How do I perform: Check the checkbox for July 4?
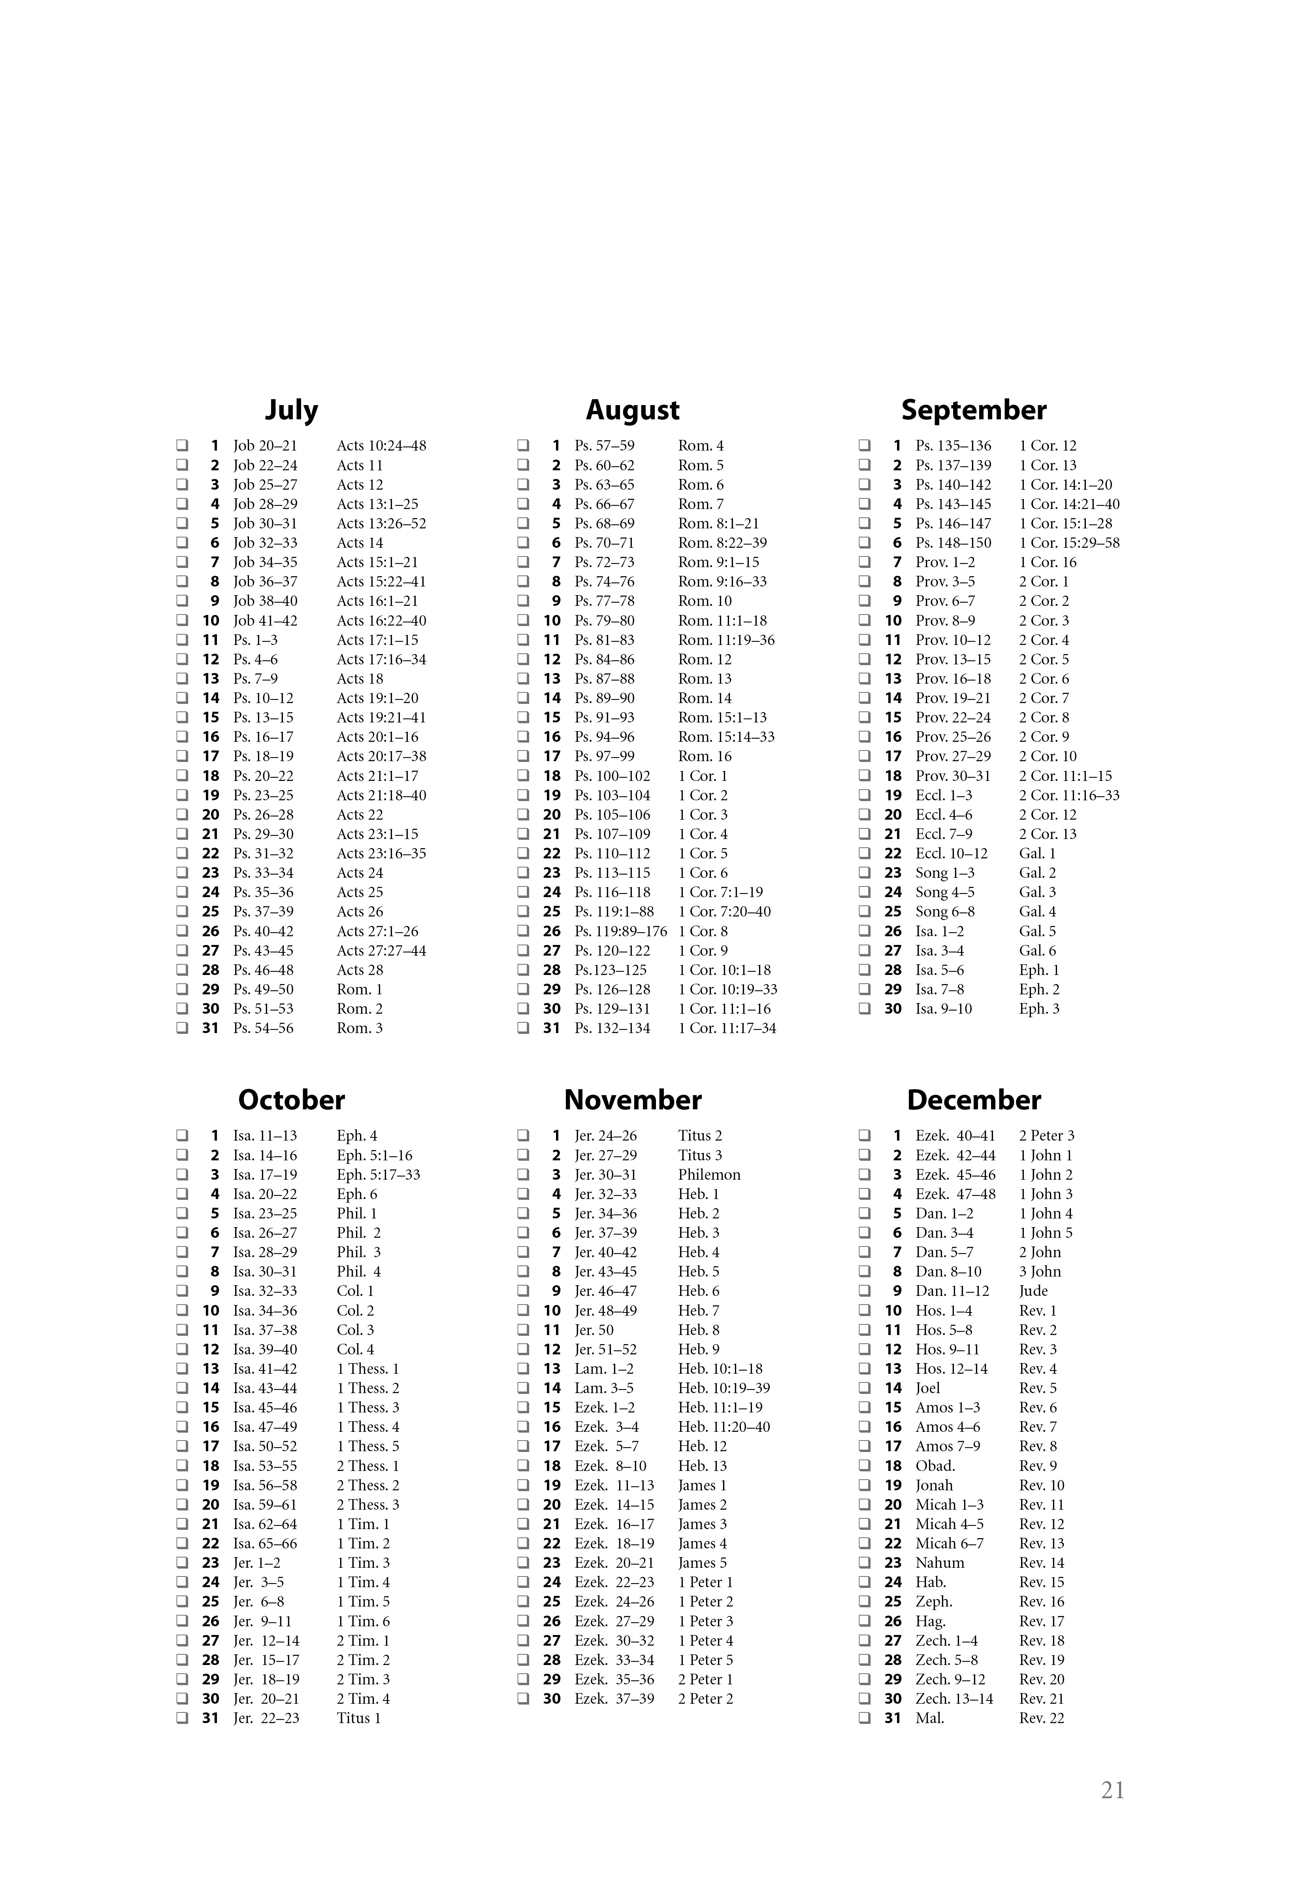(182, 504)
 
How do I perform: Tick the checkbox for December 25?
(865, 1602)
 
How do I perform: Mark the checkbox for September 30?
(865, 1009)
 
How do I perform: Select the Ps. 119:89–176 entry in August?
(620, 932)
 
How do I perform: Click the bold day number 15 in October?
(211, 1408)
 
